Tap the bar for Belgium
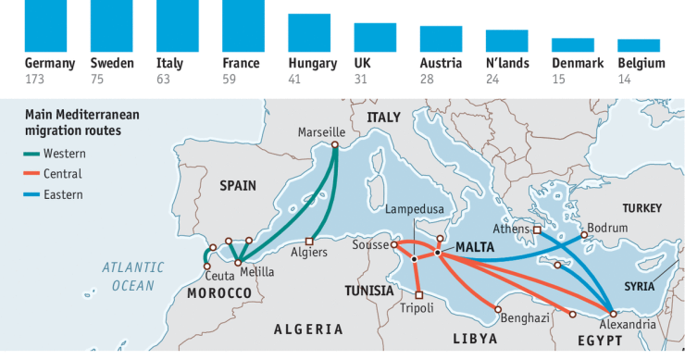[x=638, y=45]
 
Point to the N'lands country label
[x=506, y=64]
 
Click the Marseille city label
[x=321, y=132]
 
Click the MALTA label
[x=477, y=248]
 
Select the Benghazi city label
[x=525, y=317]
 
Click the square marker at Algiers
[x=310, y=242]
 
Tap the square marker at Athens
[x=537, y=230]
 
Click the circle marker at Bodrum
[x=584, y=235]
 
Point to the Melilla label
[x=255, y=271]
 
